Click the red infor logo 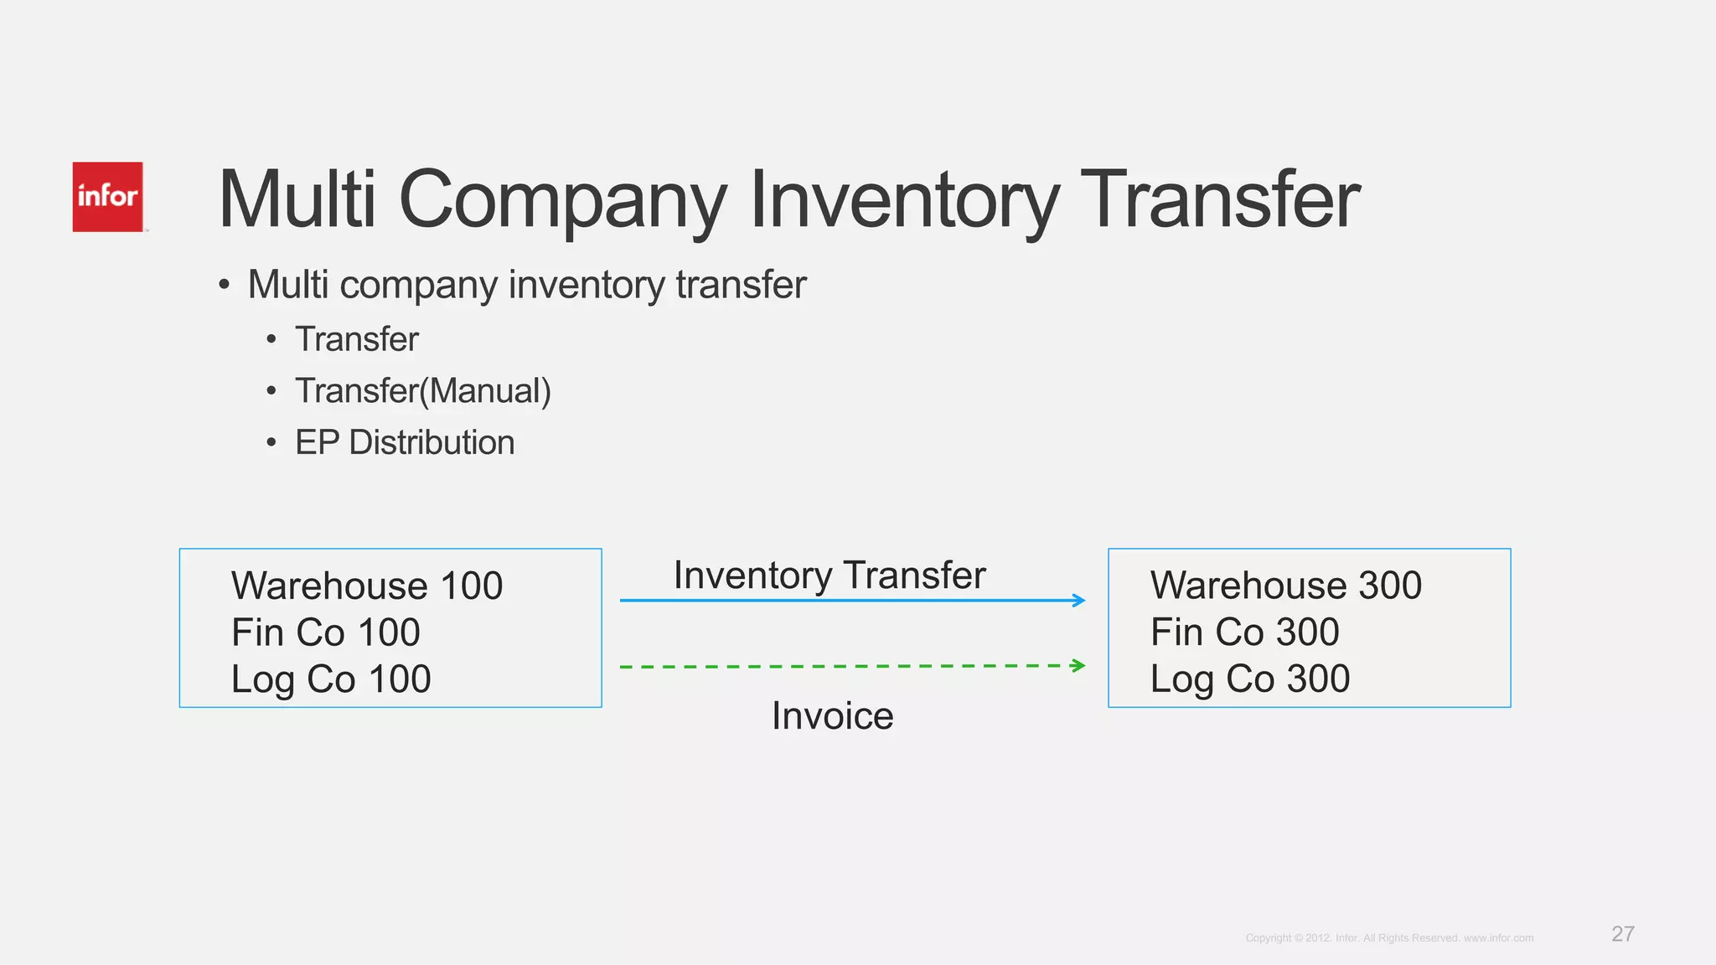(x=107, y=197)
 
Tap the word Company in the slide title (x=562, y=201)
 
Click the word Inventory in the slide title (x=904, y=201)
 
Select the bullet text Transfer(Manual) (x=422, y=391)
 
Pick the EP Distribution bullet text (x=405, y=442)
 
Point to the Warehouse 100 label (x=367, y=586)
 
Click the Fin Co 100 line (x=325, y=632)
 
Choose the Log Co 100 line (x=331, y=679)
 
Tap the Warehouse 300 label (x=1286, y=586)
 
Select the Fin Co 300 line (x=1244, y=632)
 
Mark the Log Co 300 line (x=1250, y=679)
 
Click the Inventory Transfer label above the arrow (x=830, y=575)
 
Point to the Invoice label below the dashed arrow (x=833, y=716)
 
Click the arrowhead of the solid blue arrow (x=1079, y=600)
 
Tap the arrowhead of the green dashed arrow (x=1079, y=666)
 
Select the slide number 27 (x=1622, y=934)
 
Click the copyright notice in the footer (x=1389, y=938)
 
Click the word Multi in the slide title (x=297, y=201)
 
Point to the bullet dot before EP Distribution (x=271, y=443)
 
